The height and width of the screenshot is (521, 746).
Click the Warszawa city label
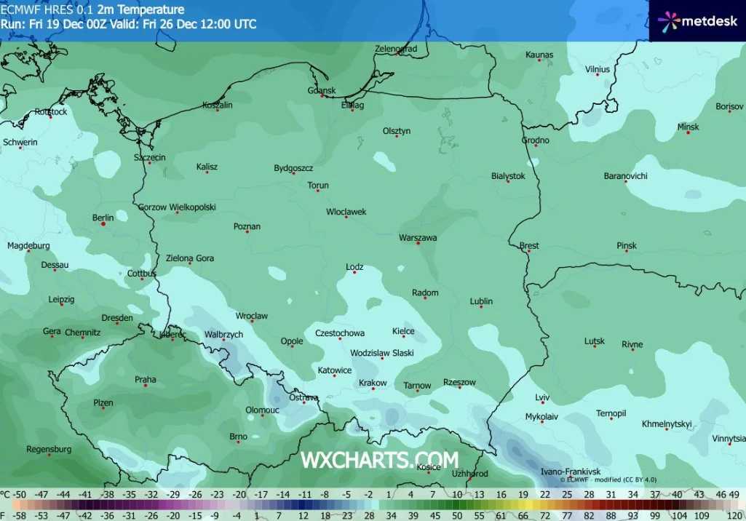(x=418, y=238)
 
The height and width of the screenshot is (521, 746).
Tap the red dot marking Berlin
(x=103, y=224)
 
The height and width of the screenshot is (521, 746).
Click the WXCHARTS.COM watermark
(x=379, y=460)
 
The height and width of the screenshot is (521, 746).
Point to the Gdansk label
(x=322, y=91)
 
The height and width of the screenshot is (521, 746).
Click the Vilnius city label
(x=598, y=70)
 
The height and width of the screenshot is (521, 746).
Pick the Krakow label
(x=373, y=383)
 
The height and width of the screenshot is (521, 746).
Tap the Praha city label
(x=145, y=380)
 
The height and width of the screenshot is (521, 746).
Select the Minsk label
(x=688, y=127)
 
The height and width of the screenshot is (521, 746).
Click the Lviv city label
(x=542, y=397)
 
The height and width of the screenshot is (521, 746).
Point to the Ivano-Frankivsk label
(x=571, y=472)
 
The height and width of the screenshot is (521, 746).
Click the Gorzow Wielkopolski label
(x=177, y=207)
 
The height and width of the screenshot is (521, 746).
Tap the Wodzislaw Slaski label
(x=381, y=353)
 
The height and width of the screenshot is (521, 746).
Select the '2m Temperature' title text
(x=140, y=10)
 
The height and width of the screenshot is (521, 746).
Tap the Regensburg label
(x=49, y=450)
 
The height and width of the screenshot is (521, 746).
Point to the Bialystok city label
(x=508, y=176)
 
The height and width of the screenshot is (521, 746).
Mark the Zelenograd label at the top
(x=396, y=49)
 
